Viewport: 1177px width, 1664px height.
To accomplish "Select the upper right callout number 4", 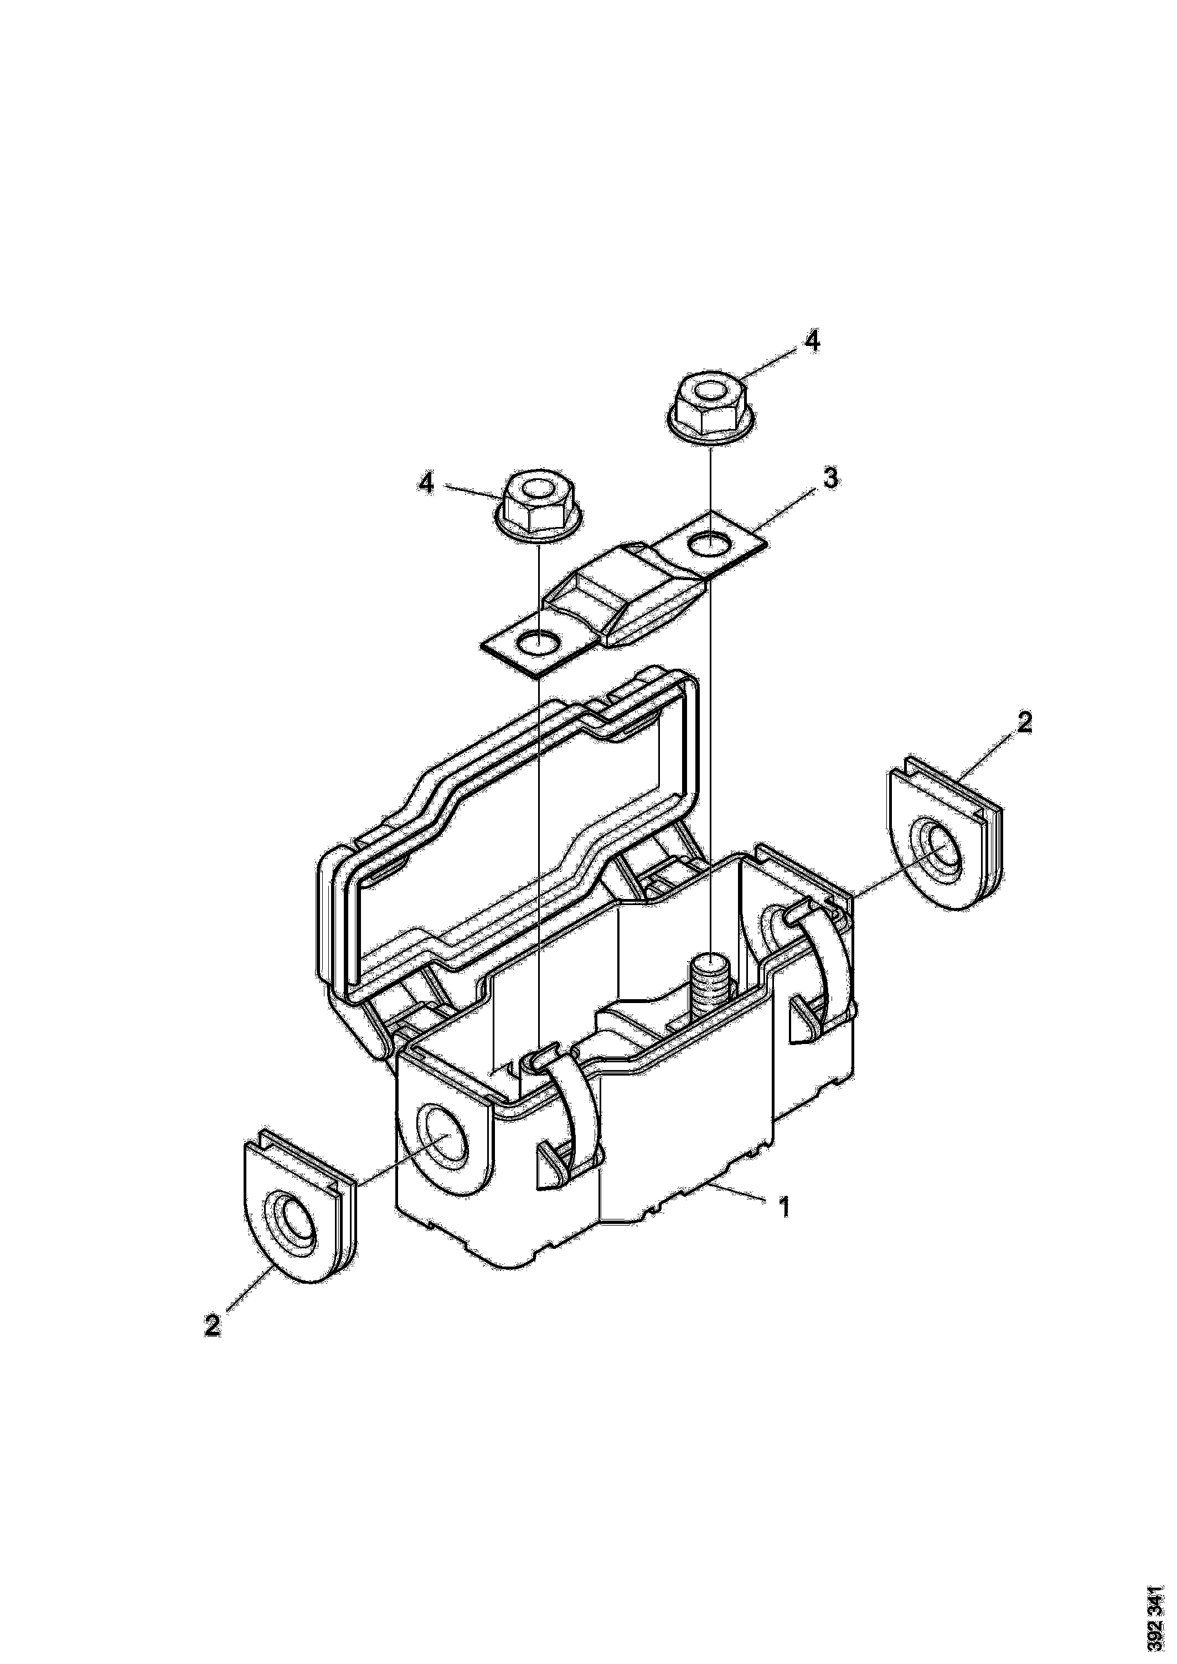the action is [x=813, y=342].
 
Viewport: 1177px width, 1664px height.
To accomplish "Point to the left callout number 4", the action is [x=427, y=483].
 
